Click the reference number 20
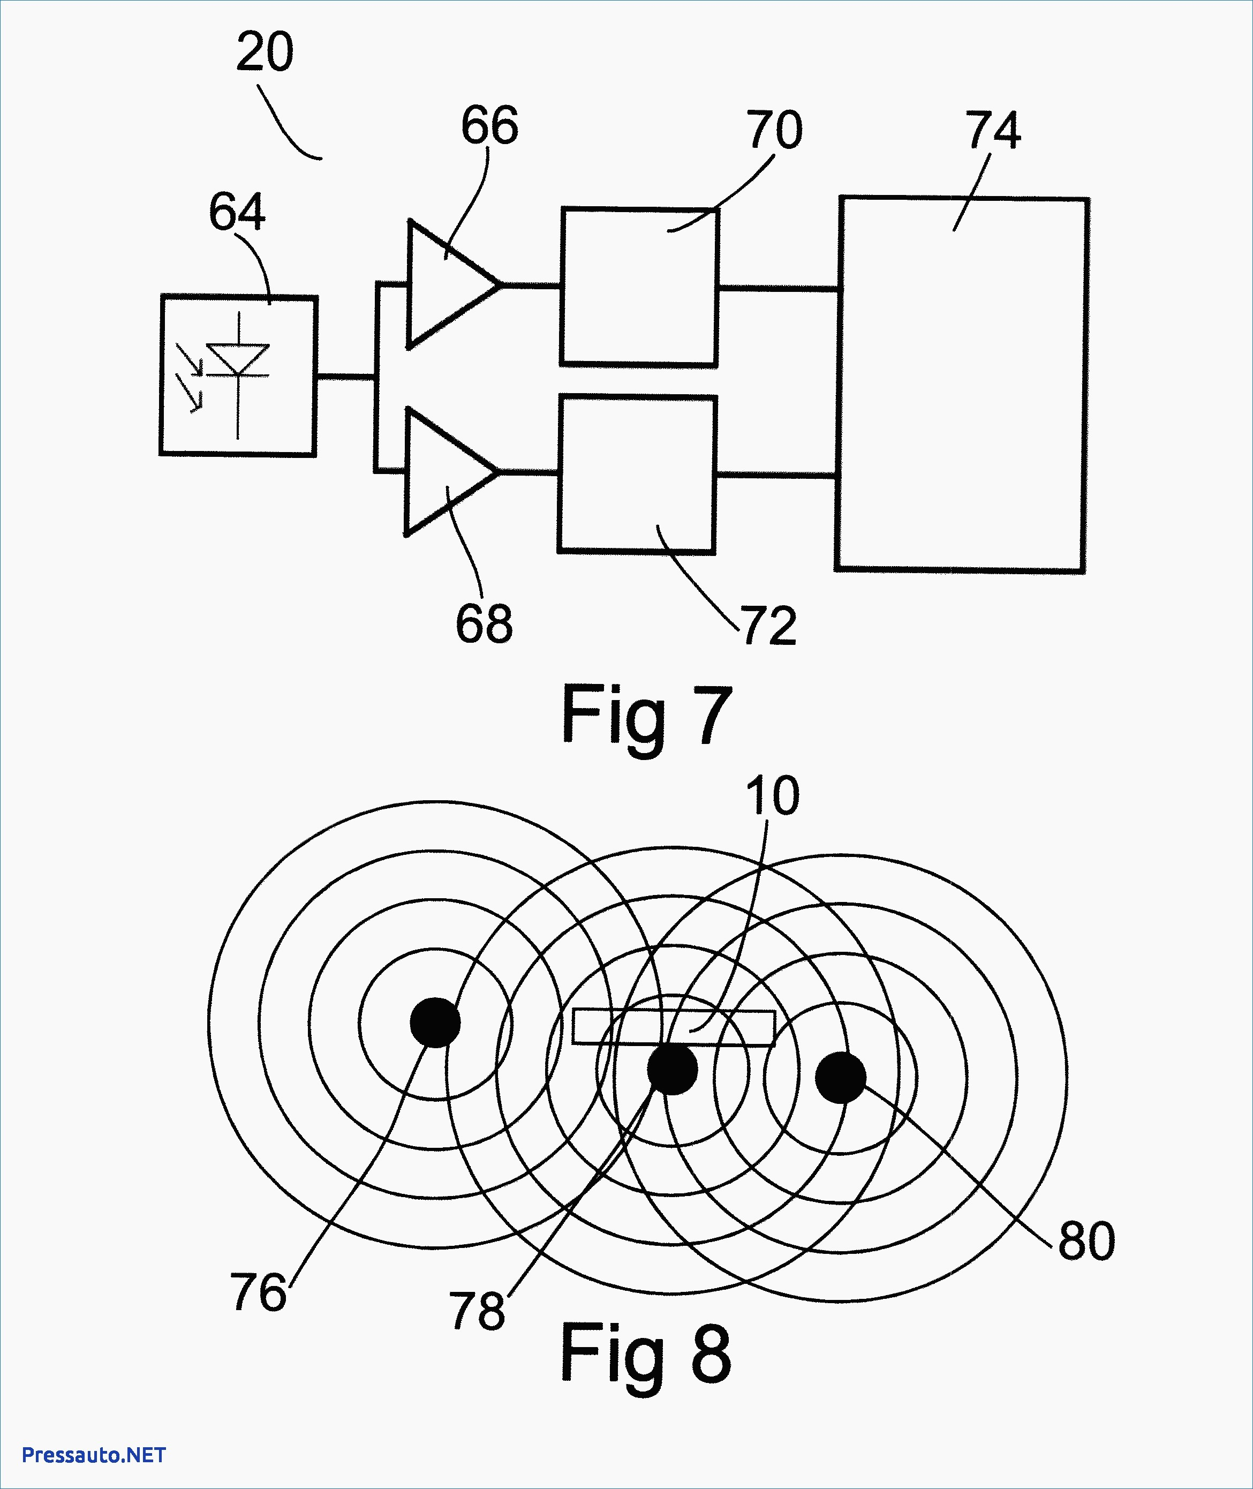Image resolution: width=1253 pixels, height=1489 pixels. point(264,52)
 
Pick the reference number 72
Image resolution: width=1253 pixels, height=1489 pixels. point(769,626)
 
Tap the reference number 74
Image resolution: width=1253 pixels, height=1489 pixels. point(993,130)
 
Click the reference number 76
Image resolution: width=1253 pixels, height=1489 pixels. point(258,1292)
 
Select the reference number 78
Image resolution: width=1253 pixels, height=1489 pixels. point(477,1311)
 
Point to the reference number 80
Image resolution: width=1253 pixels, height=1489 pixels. point(1086,1241)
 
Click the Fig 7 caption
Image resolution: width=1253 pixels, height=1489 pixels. point(646,716)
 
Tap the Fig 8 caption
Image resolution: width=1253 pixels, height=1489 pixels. point(645,1354)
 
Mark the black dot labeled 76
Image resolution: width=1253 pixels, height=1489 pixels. point(435,1022)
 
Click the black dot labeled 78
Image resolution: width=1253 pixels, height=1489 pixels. point(672,1069)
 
